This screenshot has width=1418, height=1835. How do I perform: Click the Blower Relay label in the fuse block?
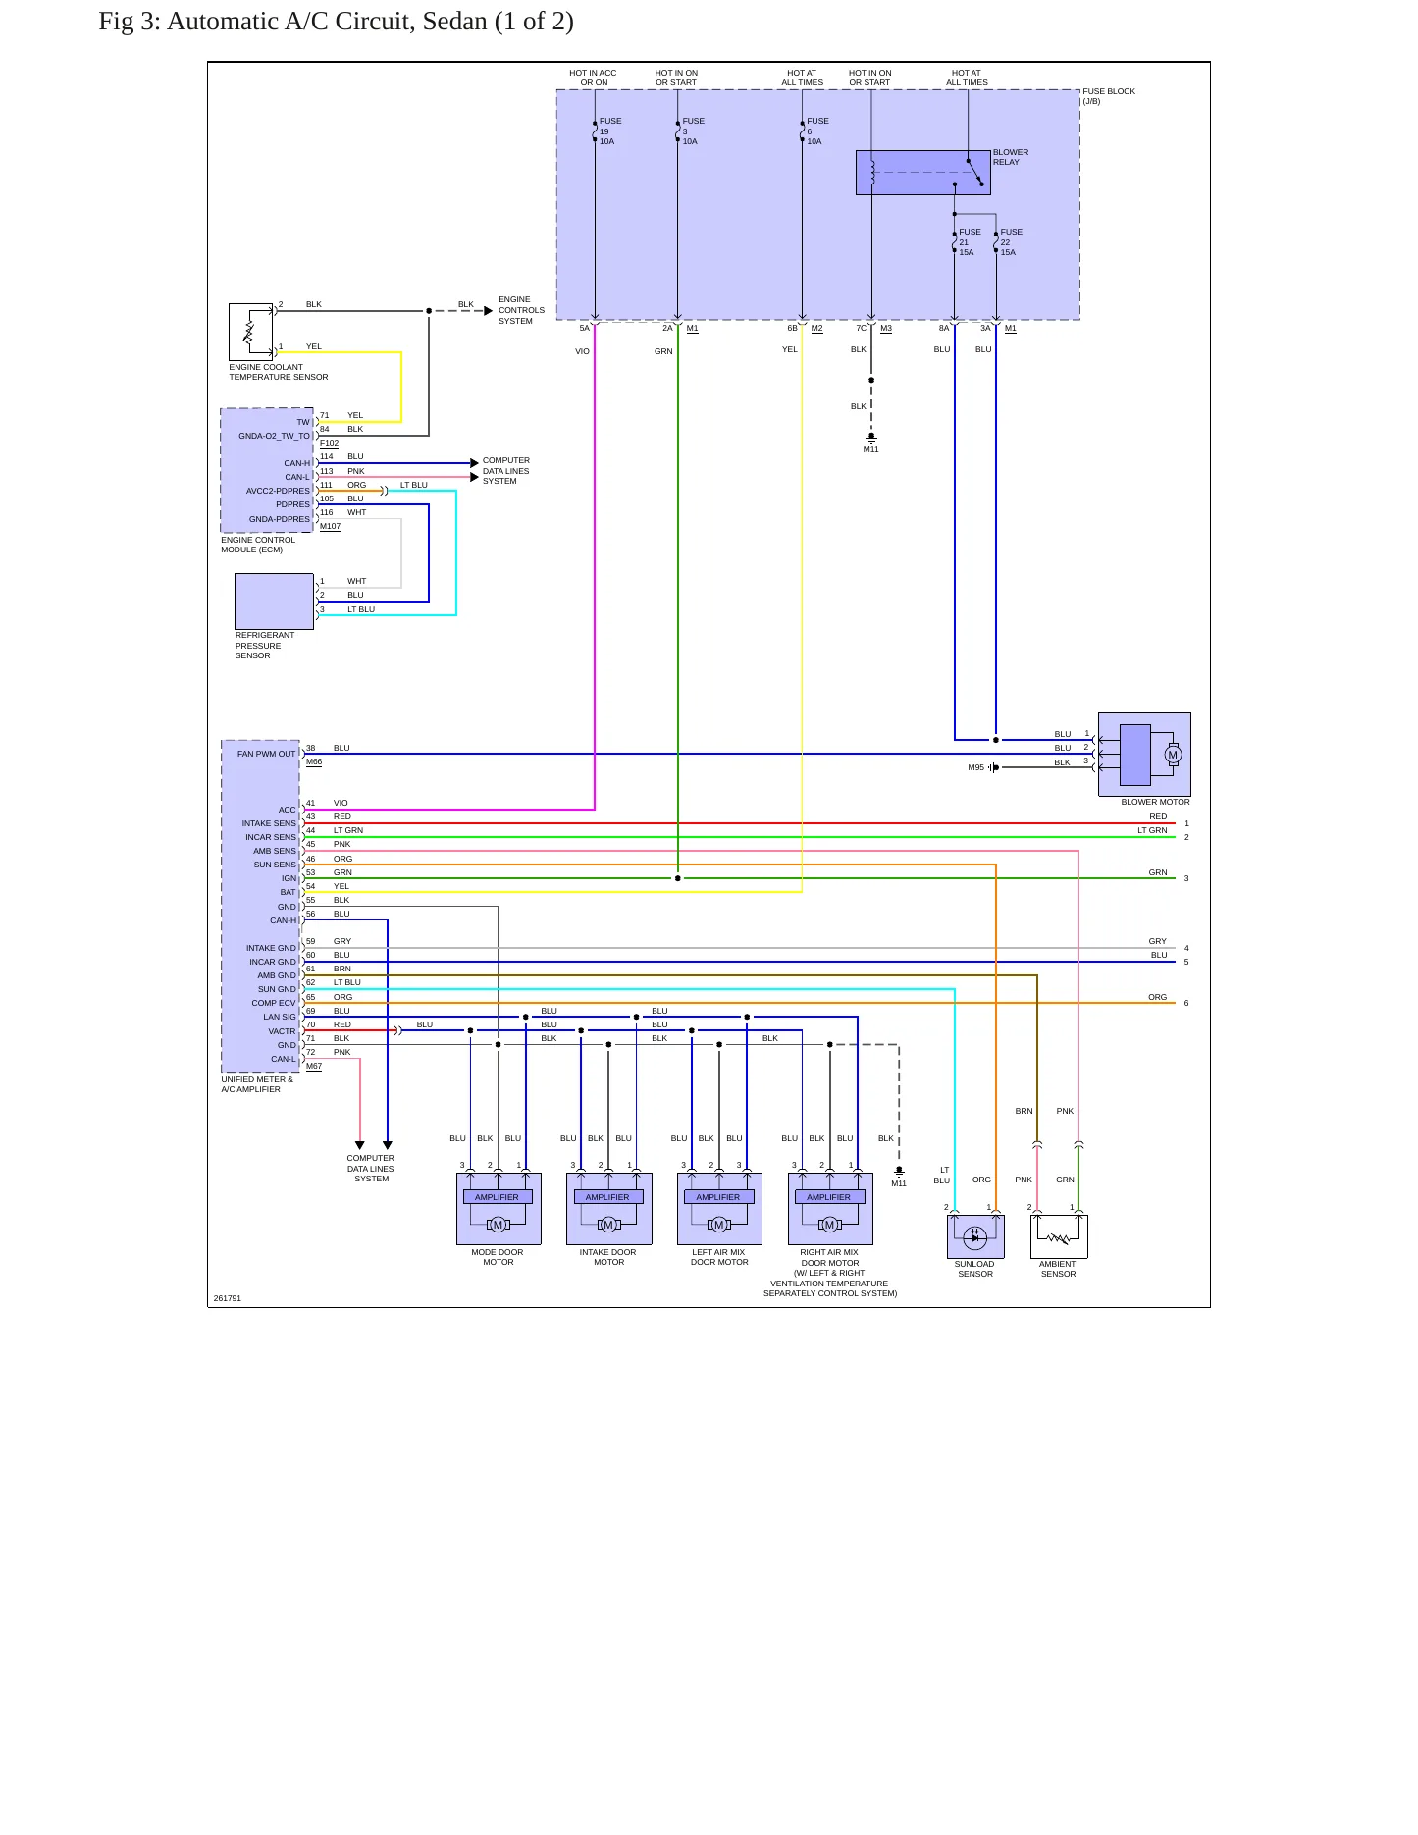point(1010,157)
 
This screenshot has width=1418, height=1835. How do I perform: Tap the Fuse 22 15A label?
point(1011,242)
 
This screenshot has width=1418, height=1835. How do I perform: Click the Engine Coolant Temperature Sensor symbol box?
point(250,332)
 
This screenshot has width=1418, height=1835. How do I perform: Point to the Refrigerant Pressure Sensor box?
point(274,602)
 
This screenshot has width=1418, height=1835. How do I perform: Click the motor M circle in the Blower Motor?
point(1173,755)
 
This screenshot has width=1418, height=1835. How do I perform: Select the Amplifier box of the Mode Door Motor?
point(498,1197)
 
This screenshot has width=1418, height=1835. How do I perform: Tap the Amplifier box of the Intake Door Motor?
point(608,1197)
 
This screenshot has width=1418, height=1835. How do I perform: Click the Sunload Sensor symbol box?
point(975,1236)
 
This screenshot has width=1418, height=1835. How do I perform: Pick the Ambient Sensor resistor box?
point(1059,1236)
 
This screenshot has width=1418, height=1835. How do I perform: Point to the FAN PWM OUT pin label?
point(266,754)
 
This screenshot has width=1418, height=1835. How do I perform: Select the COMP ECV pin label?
point(273,1003)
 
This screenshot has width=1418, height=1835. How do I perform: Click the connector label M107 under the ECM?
point(331,527)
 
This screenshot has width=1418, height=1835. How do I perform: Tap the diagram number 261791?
point(228,1298)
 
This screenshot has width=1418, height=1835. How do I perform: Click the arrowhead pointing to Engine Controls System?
point(489,311)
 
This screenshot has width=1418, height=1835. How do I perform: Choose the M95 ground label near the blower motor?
point(975,767)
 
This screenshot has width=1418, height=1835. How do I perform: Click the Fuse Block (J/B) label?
point(1109,96)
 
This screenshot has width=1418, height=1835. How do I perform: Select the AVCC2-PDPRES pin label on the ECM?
point(278,491)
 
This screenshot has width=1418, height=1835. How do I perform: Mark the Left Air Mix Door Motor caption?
point(719,1257)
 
